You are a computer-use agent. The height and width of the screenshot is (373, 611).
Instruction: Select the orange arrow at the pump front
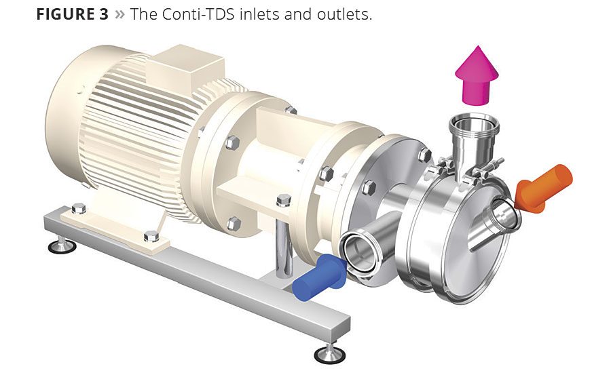(x=543, y=189)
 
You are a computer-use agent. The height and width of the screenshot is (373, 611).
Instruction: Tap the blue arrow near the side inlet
(x=319, y=277)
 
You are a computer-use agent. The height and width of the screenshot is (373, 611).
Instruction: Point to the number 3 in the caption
(x=103, y=14)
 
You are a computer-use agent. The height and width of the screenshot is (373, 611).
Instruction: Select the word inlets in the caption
(x=259, y=14)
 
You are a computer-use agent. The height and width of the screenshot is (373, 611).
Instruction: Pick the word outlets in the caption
(x=344, y=14)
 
